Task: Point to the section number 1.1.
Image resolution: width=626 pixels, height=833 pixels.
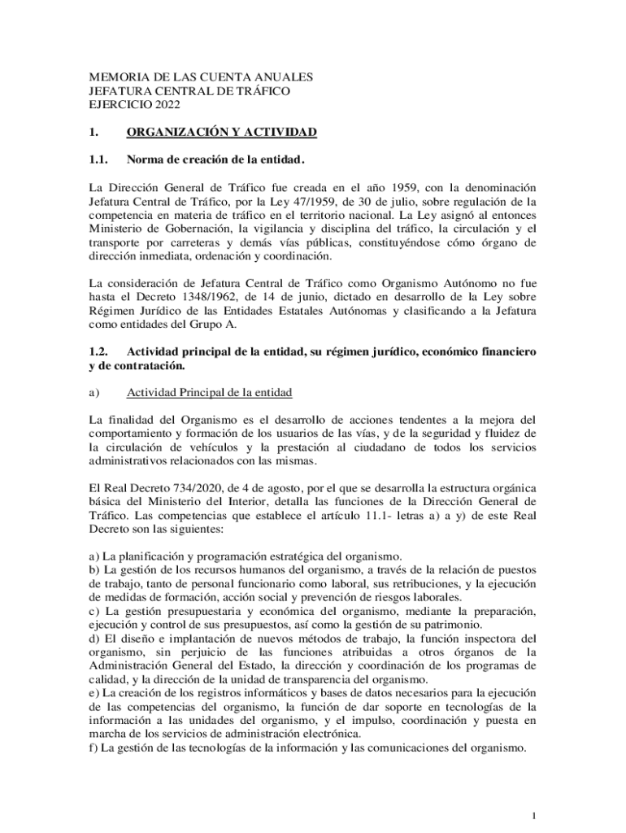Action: [x=98, y=158]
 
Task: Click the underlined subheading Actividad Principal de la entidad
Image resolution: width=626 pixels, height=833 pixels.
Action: [x=210, y=393]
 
